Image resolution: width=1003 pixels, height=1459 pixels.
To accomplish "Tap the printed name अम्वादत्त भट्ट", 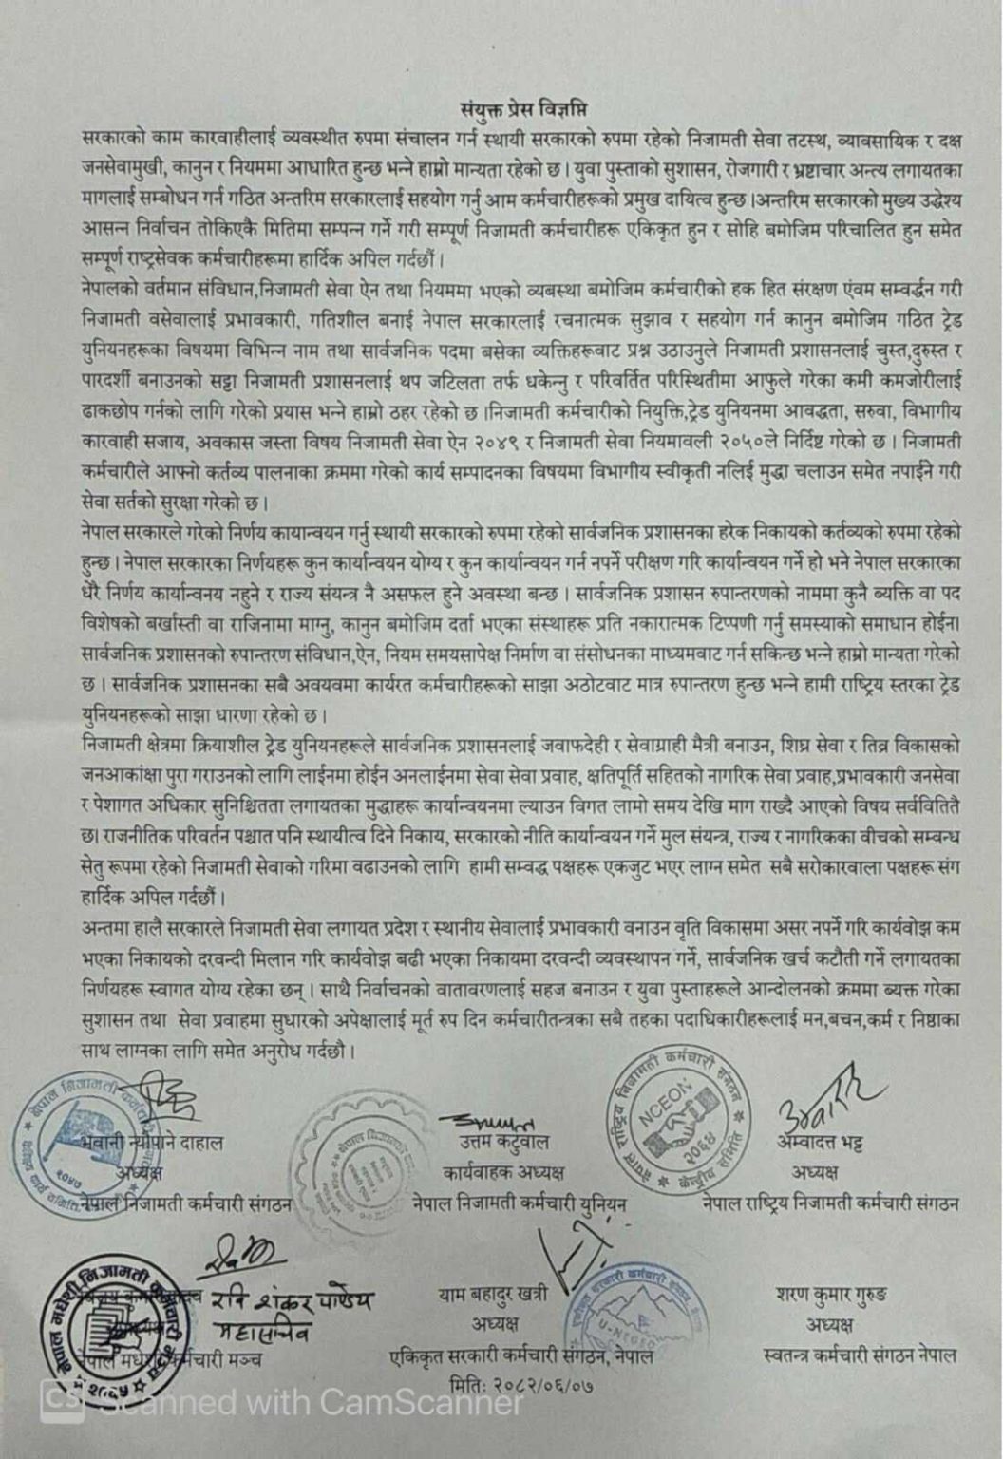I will tap(822, 1143).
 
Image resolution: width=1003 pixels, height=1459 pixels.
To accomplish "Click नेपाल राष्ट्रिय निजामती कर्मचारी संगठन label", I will tap(830, 1203).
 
